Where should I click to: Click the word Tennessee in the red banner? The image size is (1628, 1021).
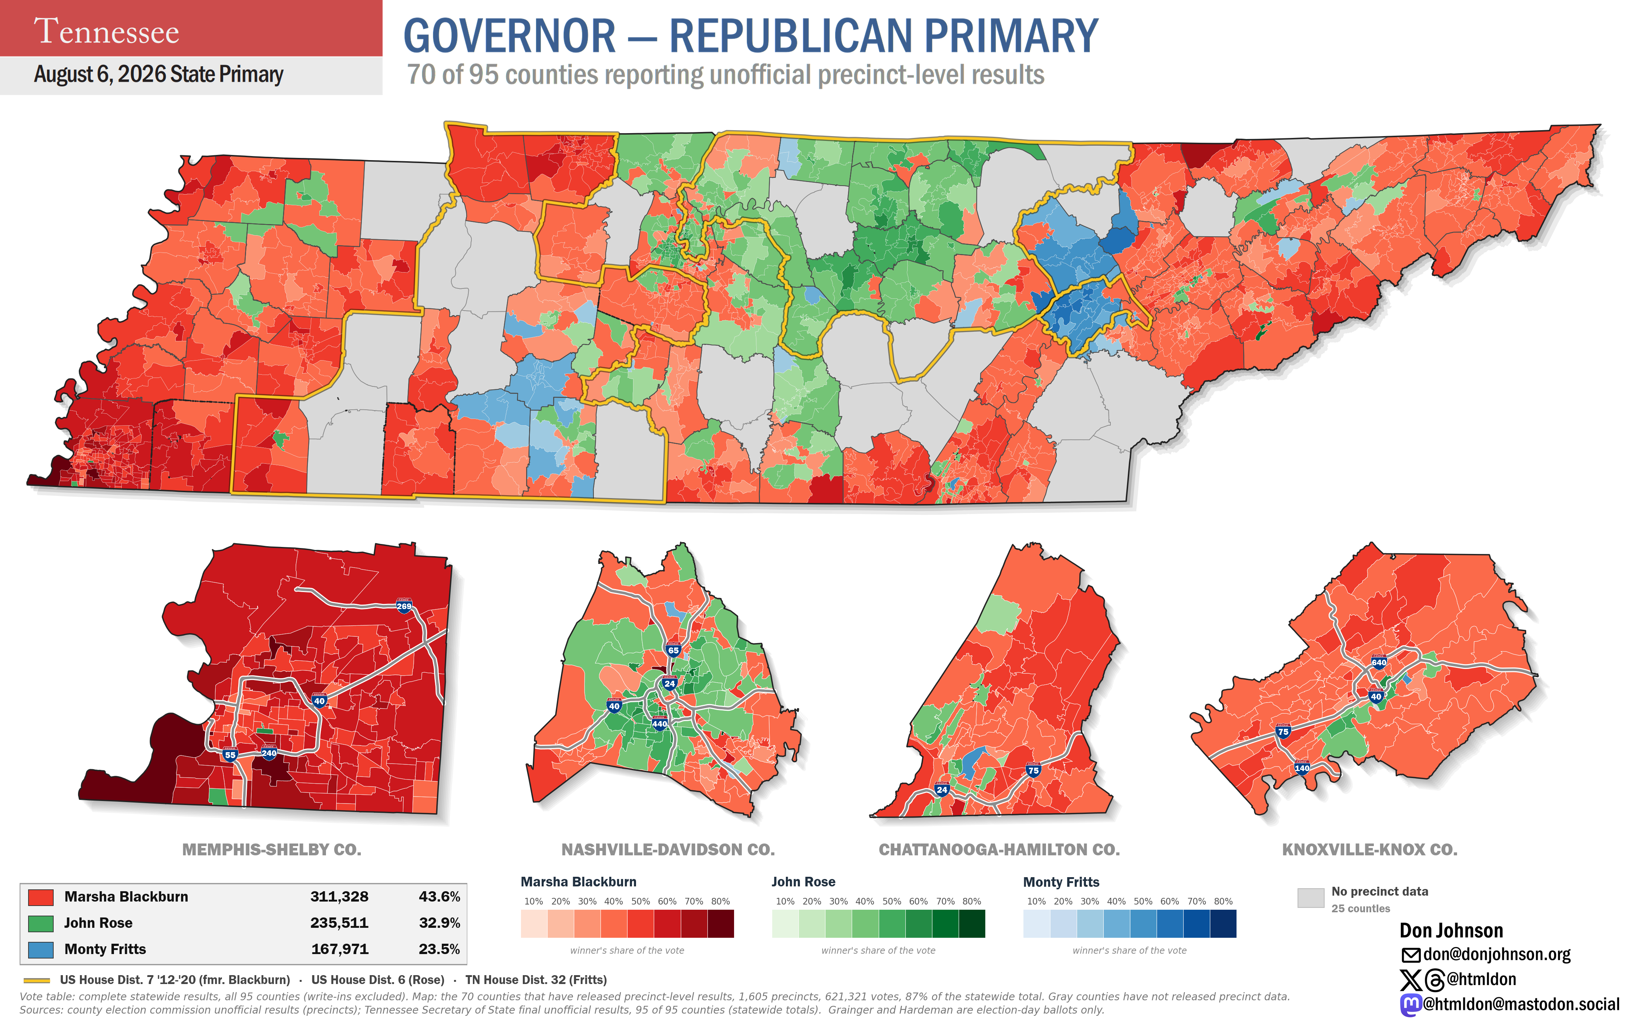click(x=107, y=31)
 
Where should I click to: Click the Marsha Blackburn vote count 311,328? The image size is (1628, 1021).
click(x=339, y=897)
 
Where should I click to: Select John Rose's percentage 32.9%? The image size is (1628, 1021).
click(x=439, y=923)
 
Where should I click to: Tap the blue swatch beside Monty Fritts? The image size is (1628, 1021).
click(x=41, y=949)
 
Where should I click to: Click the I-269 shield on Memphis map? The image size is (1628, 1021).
click(x=404, y=605)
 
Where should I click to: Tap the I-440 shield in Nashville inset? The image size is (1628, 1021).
click(x=659, y=723)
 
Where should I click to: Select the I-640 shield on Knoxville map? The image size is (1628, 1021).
click(x=1379, y=662)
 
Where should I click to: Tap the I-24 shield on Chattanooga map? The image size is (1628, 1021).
click(x=942, y=789)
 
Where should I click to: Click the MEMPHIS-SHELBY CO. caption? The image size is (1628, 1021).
click(x=272, y=849)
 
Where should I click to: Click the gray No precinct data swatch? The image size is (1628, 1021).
click(x=1311, y=897)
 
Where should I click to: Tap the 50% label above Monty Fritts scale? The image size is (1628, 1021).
click(x=1143, y=901)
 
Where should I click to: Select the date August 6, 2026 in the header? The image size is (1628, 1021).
click(x=100, y=74)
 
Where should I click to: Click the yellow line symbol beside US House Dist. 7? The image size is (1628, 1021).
click(x=37, y=980)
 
